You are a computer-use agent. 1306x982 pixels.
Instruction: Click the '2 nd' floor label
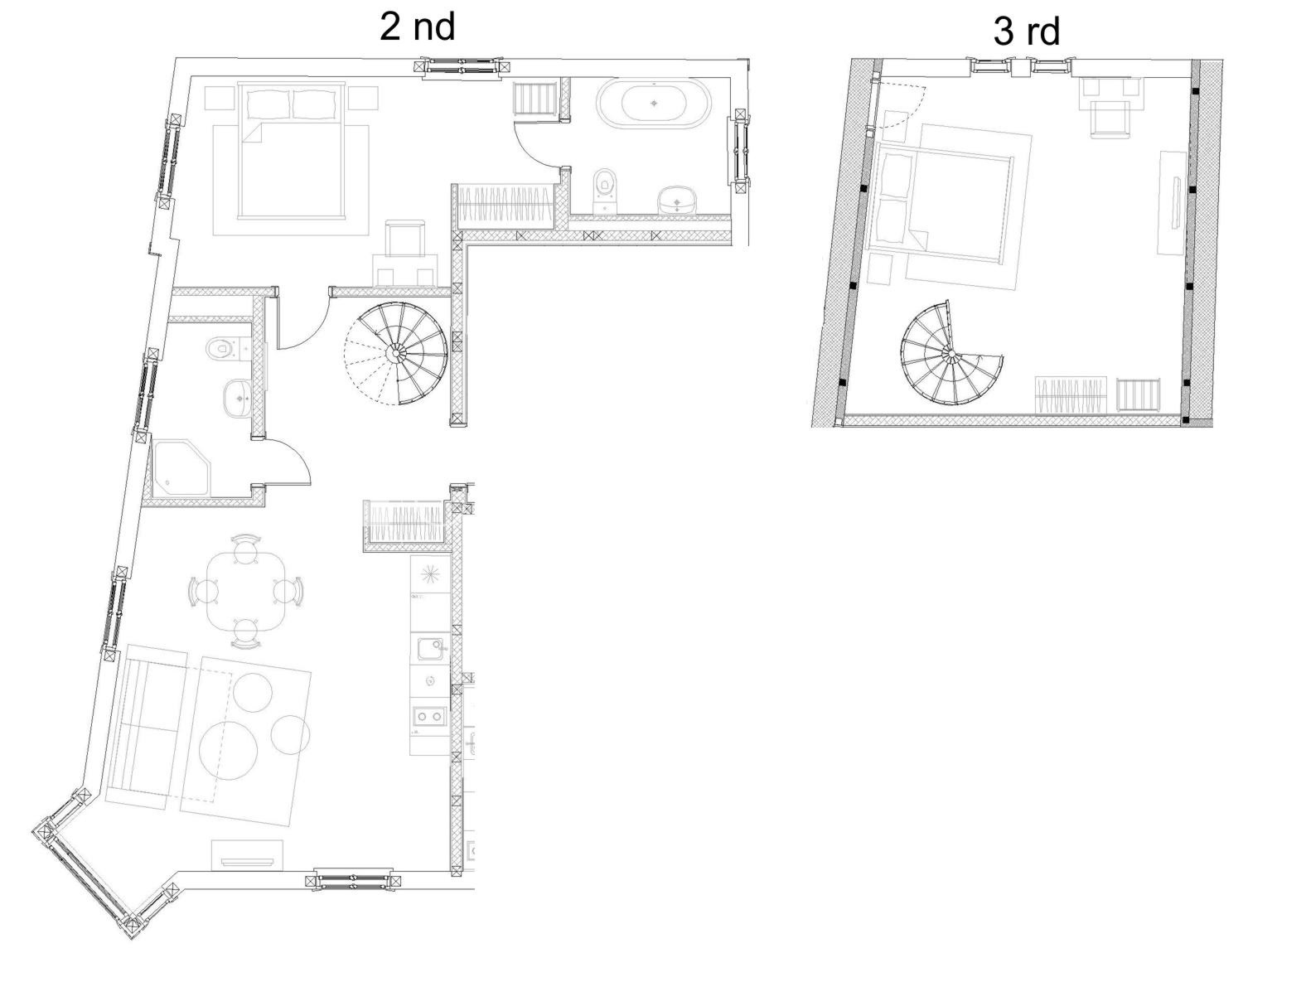click(417, 27)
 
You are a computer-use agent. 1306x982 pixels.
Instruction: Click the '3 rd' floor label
click(1027, 31)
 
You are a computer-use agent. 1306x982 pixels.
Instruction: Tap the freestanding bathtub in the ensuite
click(654, 104)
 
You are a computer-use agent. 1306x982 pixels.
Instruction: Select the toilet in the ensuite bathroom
click(605, 189)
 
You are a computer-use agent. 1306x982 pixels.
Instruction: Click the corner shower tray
click(181, 468)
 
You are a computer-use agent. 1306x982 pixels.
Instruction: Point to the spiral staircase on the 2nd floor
click(395, 353)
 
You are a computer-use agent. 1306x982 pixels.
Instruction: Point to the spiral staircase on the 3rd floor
click(950, 353)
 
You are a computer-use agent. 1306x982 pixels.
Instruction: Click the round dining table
click(245, 592)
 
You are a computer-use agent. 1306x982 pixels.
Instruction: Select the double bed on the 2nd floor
click(293, 151)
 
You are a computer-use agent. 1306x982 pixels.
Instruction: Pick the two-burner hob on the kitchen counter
click(429, 716)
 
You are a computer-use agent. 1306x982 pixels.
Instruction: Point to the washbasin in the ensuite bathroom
click(678, 199)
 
